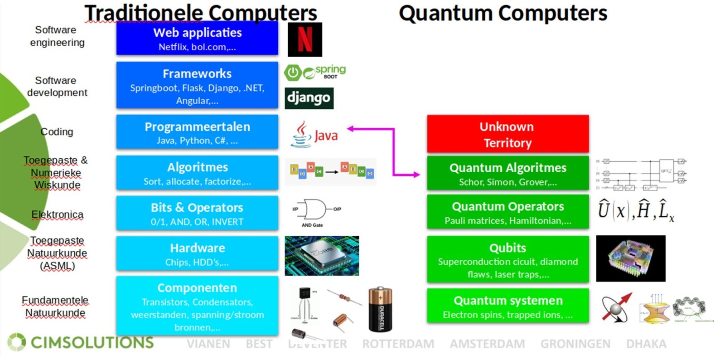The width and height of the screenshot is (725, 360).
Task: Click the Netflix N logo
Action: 304,39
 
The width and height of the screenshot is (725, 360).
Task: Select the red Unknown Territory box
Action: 507,134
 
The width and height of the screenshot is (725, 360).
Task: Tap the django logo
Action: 309,98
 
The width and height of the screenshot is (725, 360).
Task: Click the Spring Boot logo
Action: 315,72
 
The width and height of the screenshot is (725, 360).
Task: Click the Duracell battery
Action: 380,309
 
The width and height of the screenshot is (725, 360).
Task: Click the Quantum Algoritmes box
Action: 507,174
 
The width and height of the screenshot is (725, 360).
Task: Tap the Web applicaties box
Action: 197,38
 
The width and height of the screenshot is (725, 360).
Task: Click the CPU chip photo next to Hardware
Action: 322,256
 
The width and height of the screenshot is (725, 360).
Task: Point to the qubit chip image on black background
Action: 630,258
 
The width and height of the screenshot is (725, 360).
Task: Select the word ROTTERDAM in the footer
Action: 398,344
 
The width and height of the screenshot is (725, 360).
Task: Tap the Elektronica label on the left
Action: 57,214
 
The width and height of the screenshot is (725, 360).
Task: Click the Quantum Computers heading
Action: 503,13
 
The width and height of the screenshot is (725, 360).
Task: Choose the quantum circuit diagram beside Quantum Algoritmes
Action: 641,174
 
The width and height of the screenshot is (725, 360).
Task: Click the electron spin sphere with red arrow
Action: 616,307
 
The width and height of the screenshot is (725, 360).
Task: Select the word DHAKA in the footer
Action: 646,344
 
